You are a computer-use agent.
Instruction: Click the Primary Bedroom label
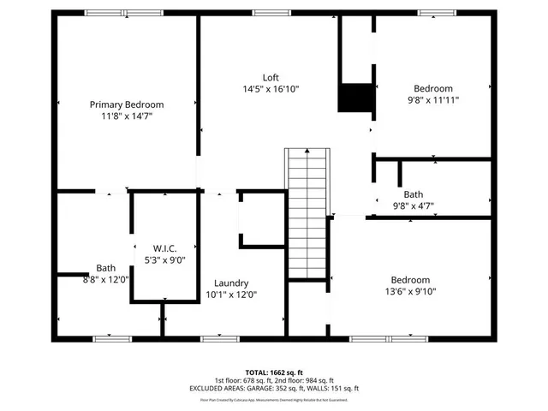pos(127,104)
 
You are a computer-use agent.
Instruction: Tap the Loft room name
pos(271,77)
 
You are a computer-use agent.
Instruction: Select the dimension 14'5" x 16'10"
pos(271,89)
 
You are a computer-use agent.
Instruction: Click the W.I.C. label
pos(164,248)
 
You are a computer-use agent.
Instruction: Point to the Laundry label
pos(231,283)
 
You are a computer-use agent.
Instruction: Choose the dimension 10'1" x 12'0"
pos(231,295)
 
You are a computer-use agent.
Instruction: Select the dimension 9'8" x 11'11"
pos(433,100)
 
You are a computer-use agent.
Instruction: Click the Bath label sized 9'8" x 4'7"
pos(414,194)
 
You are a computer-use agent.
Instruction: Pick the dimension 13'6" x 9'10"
pos(411,292)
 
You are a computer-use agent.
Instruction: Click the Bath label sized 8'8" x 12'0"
pos(105,268)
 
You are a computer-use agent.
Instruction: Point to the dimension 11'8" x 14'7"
pos(127,116)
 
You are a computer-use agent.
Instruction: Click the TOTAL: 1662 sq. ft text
pos(274,372)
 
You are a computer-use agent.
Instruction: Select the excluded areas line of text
pos(274,388)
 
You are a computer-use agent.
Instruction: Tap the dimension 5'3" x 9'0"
pos(164,260)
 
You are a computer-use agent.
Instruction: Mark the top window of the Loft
pos(271,12)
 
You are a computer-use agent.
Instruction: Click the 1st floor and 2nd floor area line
pos(274,380)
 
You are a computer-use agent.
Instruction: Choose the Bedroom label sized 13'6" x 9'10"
pos(411,280)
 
